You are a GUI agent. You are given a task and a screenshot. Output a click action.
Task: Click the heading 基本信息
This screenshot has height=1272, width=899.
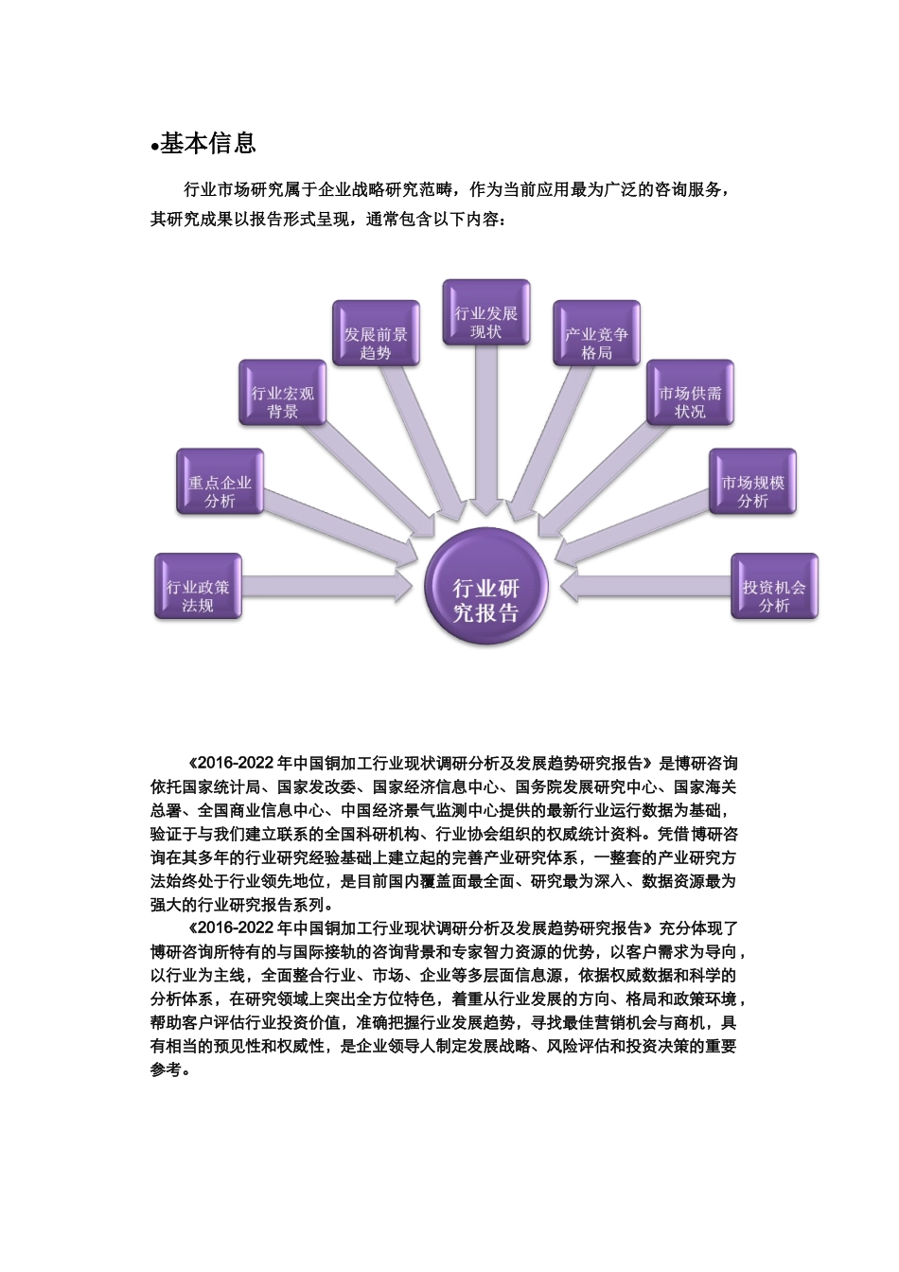click(208, 144)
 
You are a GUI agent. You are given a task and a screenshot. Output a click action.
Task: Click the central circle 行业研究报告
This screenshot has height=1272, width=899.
click(486, 589)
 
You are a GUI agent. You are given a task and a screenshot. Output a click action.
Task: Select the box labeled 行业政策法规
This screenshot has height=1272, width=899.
click(198, 587)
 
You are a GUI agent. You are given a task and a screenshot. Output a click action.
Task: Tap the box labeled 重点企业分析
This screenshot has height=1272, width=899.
click(220, 483)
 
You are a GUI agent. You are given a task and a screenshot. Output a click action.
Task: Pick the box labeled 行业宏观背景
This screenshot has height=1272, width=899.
click(282, 393)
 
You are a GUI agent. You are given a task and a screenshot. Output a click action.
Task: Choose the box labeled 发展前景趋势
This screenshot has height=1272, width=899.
click(376, 334)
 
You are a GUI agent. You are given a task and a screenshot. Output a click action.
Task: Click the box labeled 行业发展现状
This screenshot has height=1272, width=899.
click(486, 312)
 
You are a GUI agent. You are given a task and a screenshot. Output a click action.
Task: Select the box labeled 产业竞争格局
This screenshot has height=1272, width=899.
click(596, 334)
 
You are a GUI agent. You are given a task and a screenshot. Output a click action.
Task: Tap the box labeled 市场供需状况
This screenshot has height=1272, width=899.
click(690, 393)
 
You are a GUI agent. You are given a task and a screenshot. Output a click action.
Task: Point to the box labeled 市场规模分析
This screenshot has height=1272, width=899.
click(753, 483)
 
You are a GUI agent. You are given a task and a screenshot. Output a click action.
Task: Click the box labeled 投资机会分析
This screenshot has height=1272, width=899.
click(774, 587)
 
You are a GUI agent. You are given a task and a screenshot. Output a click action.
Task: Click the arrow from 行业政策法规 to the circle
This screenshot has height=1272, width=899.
click(326, 586)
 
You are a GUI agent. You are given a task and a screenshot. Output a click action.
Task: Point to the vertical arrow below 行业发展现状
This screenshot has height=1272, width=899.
click(486, 426)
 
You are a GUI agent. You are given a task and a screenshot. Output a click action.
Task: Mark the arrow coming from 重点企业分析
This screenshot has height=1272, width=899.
click(341, 530)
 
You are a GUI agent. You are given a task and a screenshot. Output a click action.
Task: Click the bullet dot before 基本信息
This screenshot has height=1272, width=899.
click(154, 148)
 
